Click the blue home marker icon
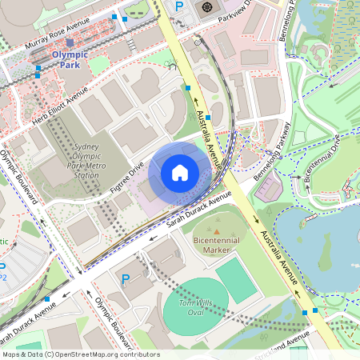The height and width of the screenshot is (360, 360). (x=180, y=172)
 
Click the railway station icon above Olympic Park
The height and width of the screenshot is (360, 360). (x=70, y=42)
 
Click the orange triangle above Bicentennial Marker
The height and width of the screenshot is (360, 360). (x=216, y=230)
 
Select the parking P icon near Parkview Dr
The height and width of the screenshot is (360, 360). (x=179, y=6)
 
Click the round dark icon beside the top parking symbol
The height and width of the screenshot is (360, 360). (x=207, y=7)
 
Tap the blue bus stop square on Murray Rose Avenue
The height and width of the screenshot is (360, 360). (x=115, y=16)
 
